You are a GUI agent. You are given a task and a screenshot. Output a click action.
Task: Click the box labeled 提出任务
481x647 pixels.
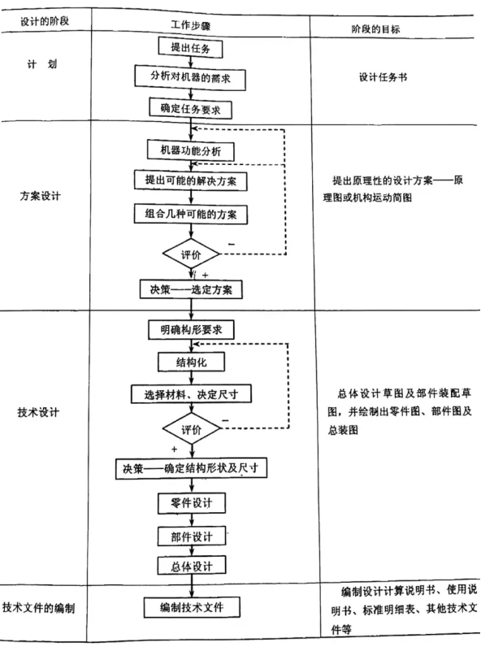191,47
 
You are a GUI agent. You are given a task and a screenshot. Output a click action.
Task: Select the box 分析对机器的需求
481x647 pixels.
190,77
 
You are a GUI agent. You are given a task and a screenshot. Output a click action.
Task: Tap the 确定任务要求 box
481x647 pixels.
191,109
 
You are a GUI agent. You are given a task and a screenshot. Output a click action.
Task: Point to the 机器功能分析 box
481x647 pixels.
191,150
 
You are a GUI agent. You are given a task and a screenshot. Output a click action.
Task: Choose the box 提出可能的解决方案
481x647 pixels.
191,180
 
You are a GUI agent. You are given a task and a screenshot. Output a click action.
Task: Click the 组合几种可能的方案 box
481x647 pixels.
191,214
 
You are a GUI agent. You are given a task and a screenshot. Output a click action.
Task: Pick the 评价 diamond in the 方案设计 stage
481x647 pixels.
191,254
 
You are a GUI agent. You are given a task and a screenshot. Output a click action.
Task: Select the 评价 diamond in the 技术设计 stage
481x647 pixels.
192,429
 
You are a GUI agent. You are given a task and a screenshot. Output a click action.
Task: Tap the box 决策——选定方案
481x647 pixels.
191,289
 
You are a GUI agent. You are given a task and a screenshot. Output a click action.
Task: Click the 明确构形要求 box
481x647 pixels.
191,330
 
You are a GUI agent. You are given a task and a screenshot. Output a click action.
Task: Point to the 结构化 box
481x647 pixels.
192,362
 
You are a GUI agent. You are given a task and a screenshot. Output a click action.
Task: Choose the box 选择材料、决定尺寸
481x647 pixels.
191,394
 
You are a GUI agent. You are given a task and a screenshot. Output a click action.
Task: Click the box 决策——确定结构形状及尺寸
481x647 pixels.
191,468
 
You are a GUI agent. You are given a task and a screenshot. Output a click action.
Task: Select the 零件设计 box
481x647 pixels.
192,503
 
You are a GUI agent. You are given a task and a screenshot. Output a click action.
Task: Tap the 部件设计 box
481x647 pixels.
192,536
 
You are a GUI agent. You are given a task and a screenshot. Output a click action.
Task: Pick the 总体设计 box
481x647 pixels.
192,566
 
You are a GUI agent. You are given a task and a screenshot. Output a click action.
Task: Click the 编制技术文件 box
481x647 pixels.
192,607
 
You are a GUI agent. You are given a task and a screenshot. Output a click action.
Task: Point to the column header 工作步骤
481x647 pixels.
191,25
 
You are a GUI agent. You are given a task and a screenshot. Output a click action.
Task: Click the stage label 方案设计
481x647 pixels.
40,196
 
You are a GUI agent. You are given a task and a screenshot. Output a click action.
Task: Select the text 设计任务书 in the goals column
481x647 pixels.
383,77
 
